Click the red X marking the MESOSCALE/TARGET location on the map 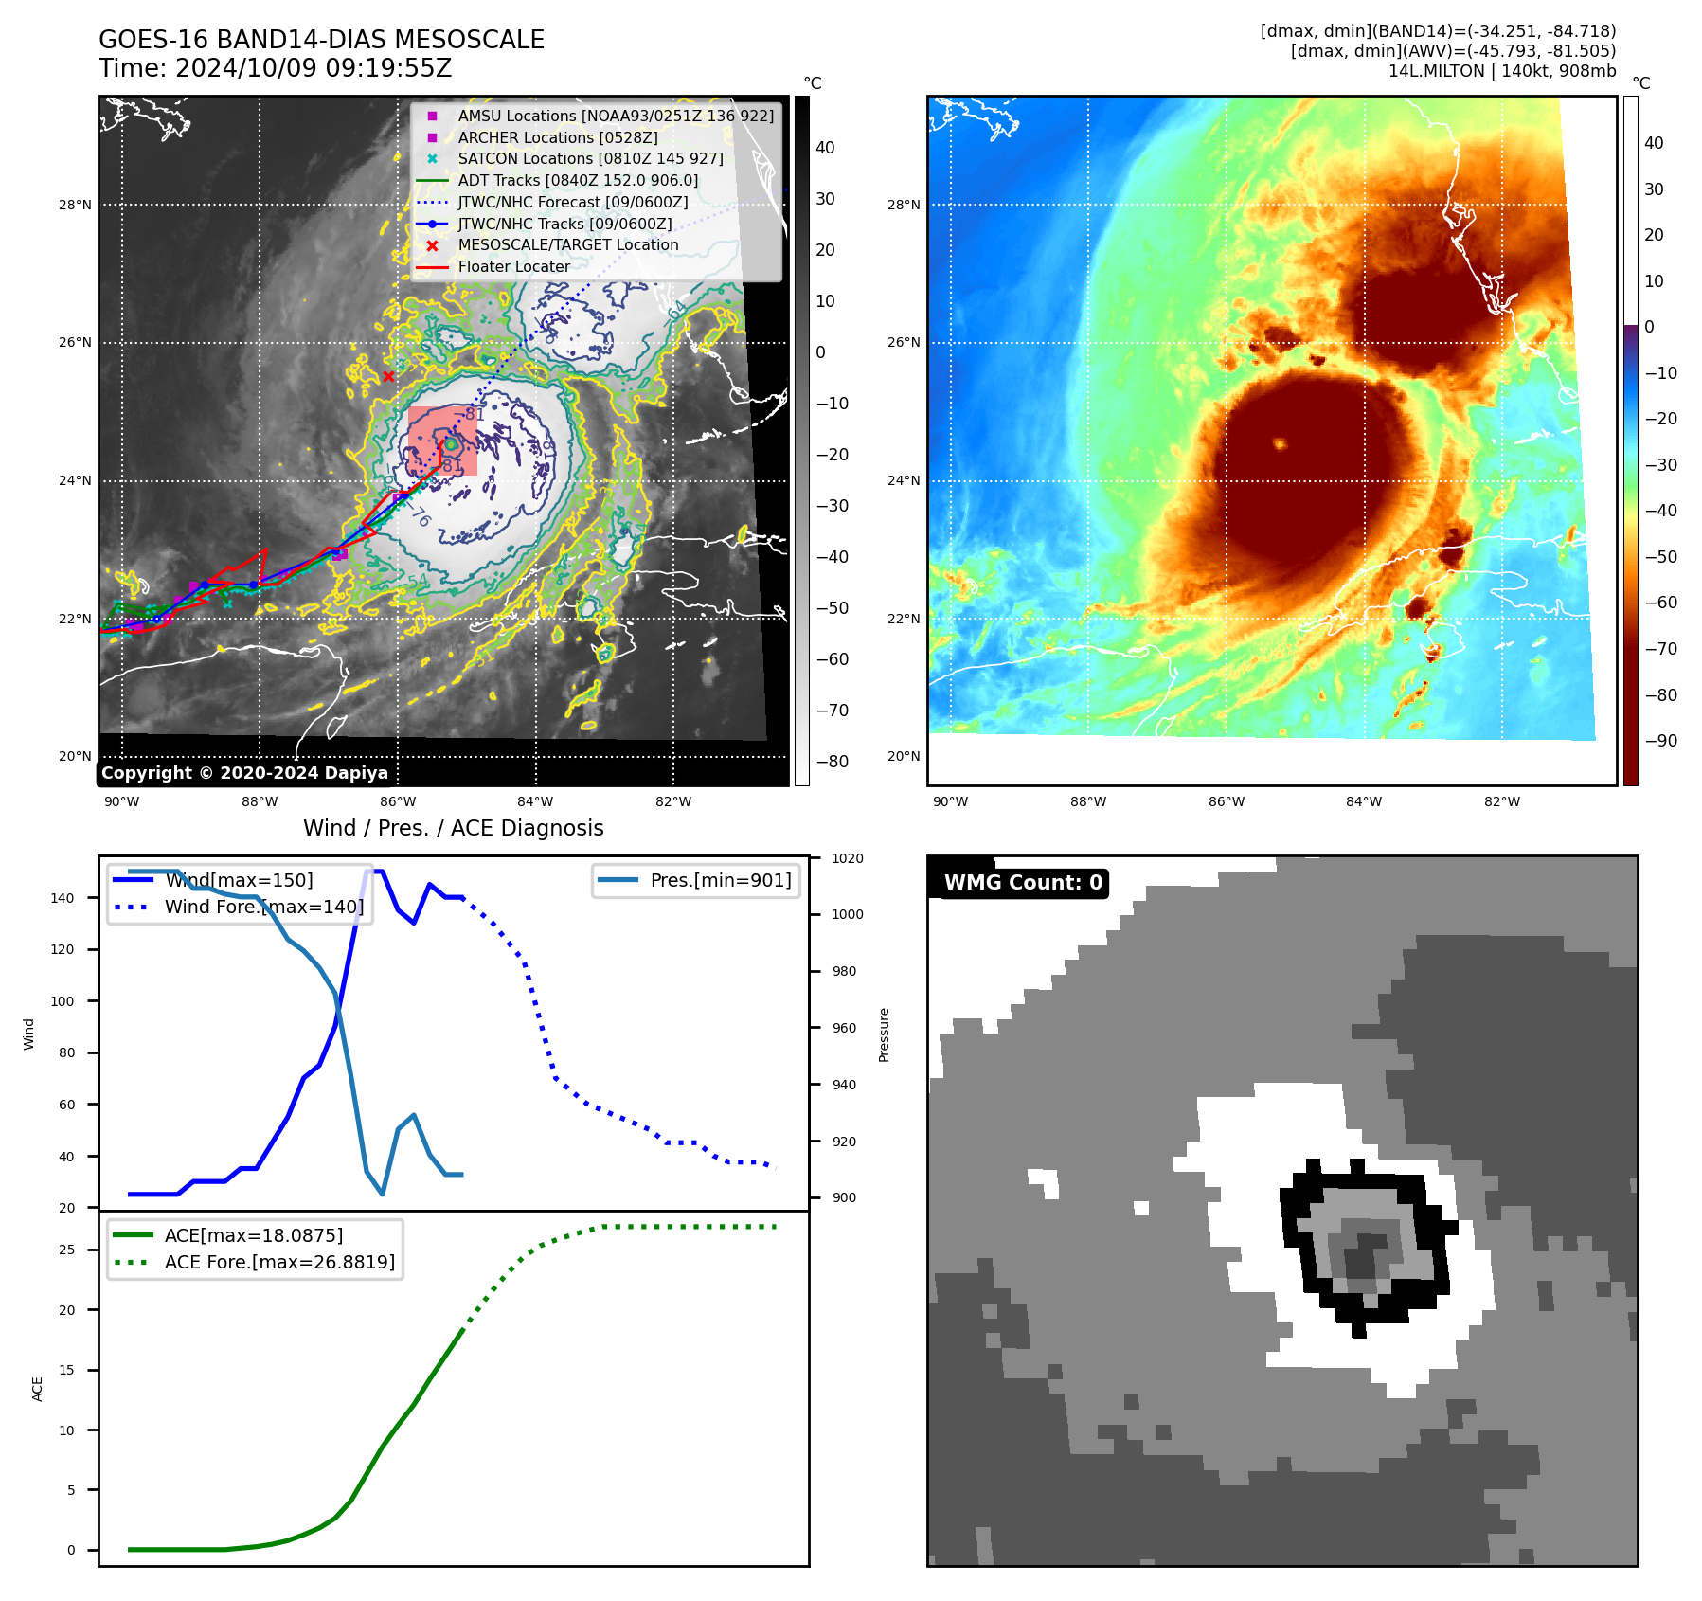tap(388, 376)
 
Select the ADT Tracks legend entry tap(578, 180)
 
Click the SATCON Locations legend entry tap(590, 158)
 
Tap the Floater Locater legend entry tap(513, 266)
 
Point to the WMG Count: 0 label tap(1023, 883)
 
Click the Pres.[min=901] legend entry tap(720, 880)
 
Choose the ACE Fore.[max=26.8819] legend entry tap(279, 1262)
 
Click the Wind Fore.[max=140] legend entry tap(263, 907)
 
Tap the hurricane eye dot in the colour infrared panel tap(1280, 443)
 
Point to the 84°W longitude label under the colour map tap(1364, 801)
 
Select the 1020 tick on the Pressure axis tap(847, 858)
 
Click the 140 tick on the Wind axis tap(63, 898)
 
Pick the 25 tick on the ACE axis tap(66, 1250)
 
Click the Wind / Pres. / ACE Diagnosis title tap(453, 828)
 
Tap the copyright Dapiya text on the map tap(244, 773)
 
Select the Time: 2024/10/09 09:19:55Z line tap(275, 68)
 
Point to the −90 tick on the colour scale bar tap(1660, 741)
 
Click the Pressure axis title tap(884, 1034)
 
